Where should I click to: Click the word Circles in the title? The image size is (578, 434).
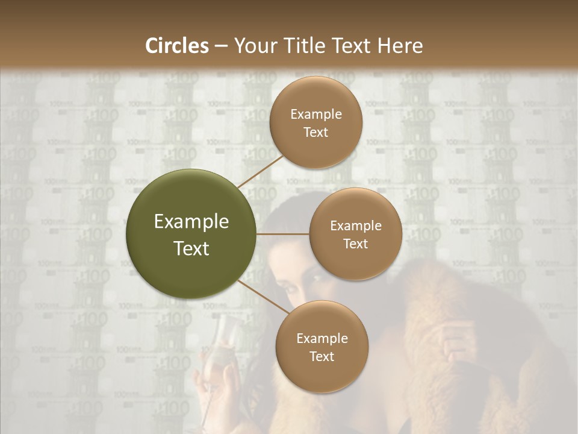tap(177, 46)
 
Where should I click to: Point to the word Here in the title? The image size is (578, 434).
tap(400, 46)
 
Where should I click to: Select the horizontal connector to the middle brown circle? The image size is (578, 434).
tap(283, 234)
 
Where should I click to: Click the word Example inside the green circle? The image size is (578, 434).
tap(191, 222)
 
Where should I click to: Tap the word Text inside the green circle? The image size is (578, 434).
tap(191, 248)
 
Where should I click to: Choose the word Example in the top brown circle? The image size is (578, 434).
tap(316, 115)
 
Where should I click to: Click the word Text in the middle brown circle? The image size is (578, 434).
tap(355, 244)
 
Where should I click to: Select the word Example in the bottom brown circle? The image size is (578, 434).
tap(322, 339)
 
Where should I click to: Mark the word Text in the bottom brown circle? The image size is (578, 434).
tap(322, 356)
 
